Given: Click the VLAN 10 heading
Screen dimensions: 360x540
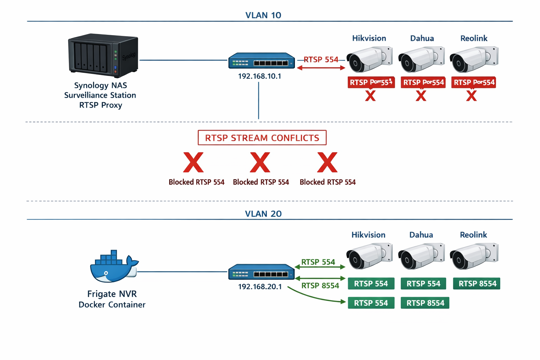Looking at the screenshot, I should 263,15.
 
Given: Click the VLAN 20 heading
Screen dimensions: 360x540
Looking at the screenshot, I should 263,214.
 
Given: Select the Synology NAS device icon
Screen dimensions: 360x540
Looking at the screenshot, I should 103,56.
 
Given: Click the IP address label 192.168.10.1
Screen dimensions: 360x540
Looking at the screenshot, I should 259,76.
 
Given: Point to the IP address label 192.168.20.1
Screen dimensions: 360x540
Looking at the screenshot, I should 260,287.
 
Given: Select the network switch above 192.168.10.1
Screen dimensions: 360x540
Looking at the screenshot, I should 262,61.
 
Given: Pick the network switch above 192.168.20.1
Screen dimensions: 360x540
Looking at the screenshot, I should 262,272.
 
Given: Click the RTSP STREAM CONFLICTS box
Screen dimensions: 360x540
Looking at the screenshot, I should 262,138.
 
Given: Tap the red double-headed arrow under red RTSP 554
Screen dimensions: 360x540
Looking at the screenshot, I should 321,68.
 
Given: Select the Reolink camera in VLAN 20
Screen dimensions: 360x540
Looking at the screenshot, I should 474,256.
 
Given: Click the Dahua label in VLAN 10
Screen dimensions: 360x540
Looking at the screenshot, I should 422,38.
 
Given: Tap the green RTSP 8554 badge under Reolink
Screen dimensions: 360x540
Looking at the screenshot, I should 477,284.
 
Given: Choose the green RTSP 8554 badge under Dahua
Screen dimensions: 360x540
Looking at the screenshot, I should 425,303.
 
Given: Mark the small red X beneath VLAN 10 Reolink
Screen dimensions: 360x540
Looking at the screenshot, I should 471,96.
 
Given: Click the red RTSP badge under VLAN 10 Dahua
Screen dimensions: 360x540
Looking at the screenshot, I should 423,82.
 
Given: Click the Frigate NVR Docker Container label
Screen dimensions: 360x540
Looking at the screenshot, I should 112,299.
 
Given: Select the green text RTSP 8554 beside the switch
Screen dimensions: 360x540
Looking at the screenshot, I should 320,285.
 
